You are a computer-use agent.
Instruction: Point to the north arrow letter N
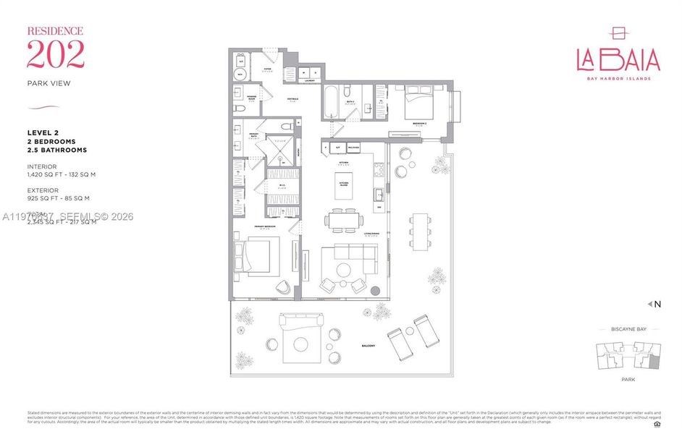pyautogui.click(x=657, y=305)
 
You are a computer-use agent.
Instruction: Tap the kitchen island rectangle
pyautogui.click(x=345, y=187)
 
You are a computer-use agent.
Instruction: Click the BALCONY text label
pyautogui.click(x=369, y=346)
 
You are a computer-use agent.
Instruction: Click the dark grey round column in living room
pyautogui.click(x=375, y=291)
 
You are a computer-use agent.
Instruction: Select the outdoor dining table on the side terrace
pyautogui.click(x=419, y=231)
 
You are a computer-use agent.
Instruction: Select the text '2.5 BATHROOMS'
pyautogui.click(x=57, y=150)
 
